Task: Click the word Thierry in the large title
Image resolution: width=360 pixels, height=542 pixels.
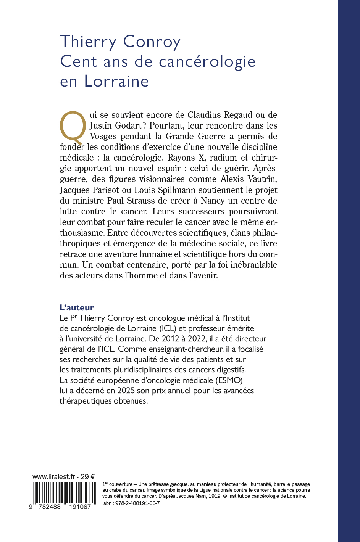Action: coord(88,42)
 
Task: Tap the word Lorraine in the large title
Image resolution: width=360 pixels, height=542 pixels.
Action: coord(116,81)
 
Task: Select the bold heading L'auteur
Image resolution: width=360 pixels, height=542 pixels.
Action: coord(77,307)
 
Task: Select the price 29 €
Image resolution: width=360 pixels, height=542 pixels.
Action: coord(87,477)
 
